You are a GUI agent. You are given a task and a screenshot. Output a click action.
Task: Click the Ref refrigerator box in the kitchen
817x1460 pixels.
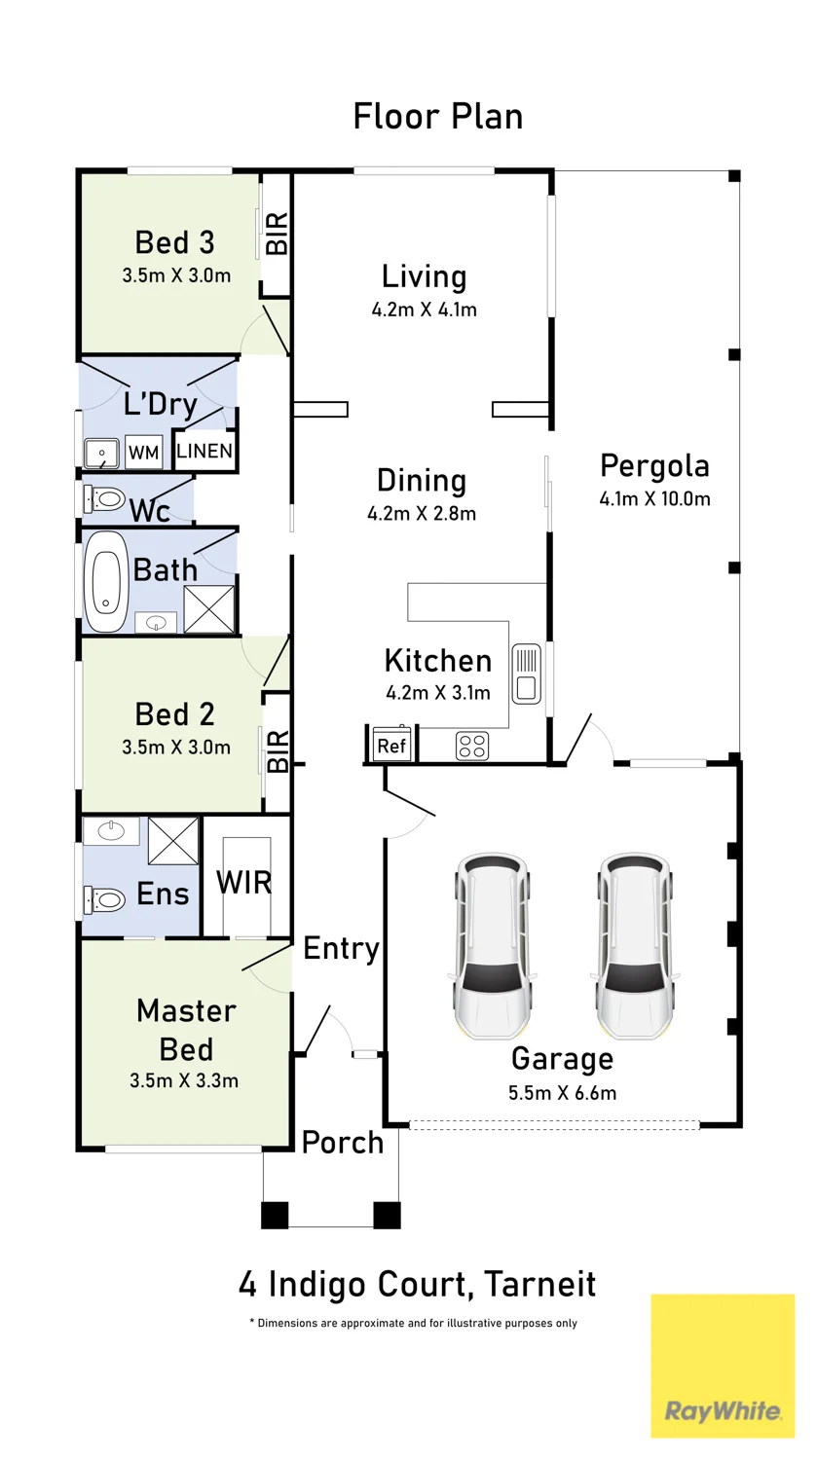point(391,745)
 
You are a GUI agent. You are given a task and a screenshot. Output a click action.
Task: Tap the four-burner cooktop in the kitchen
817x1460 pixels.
point(472,747)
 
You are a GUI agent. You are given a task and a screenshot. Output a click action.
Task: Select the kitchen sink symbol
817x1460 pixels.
point(526,674)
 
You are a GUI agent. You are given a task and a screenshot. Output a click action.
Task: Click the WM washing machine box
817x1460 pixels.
point(143,452)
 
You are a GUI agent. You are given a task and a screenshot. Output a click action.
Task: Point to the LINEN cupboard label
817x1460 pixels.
point(204,451)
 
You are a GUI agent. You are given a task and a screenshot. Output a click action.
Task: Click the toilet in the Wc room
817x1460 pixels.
point(104,500)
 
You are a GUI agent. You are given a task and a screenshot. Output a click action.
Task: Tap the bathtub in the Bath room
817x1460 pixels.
point(105,581)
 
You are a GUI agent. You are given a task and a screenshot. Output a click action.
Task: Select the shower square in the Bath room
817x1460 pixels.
point(208,608)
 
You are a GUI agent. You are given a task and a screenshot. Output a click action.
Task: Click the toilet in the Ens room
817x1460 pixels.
point(104,900)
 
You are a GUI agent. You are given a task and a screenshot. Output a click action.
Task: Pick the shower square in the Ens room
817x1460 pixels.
point(173,841)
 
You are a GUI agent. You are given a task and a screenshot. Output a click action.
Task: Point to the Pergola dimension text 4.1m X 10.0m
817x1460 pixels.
point(654,499)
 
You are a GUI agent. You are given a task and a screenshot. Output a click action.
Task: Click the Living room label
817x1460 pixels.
point(424,276)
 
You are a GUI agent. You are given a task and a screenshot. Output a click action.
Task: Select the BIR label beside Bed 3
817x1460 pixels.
point(278,233)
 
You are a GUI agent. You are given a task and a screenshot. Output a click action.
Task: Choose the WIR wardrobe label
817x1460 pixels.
point(243,883)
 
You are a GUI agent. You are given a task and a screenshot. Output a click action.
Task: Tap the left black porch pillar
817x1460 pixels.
point(275,1215)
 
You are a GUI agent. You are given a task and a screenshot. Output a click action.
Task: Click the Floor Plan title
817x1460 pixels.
point(438,117)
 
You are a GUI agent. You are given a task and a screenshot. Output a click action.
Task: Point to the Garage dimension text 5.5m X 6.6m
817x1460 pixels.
point(562,1092)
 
